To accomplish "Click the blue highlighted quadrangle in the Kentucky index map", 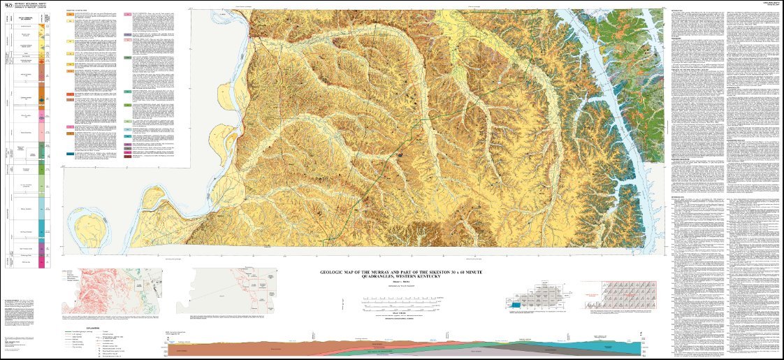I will tap(516, 305).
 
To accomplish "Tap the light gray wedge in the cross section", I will tap(531, 347).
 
